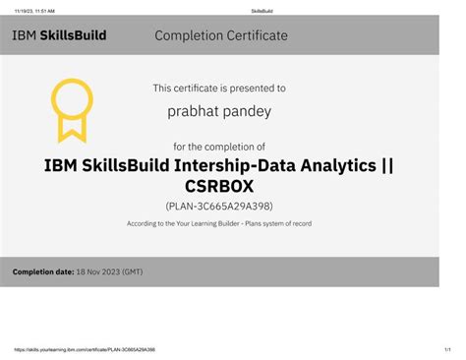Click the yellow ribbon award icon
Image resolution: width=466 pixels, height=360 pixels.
[71, 108]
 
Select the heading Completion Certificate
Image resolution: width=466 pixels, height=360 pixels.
[221, 36]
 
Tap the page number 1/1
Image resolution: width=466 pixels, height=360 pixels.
[445, 348]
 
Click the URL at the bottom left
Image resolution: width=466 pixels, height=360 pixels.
[85, 348]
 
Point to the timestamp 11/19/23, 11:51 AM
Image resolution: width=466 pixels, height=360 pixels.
[34, 10]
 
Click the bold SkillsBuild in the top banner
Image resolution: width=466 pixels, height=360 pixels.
[74, 36]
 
